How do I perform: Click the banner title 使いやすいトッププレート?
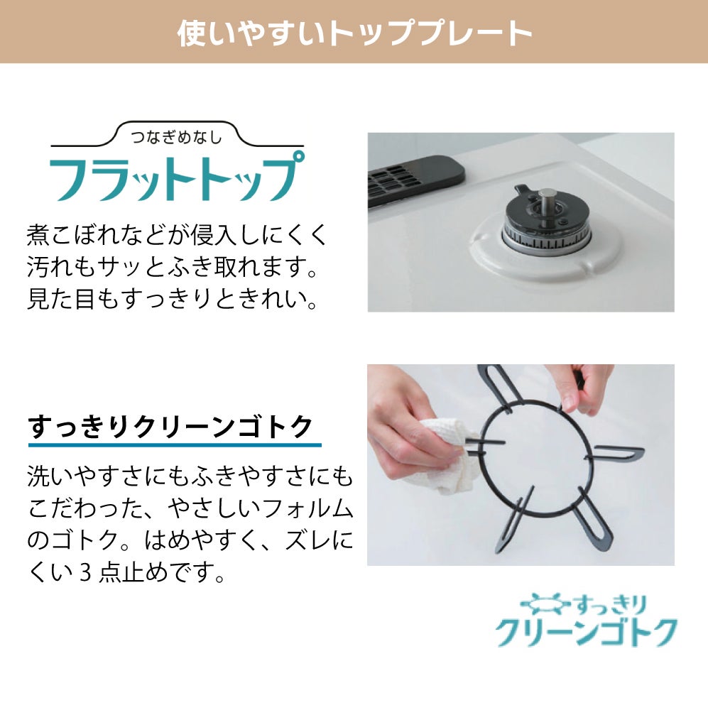tap(354, 33)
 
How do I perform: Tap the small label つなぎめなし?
tap(177, 136)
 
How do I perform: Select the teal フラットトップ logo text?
tap(177, 177)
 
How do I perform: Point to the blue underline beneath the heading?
tap(175, 445)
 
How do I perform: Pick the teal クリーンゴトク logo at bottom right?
tap(586, 632)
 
